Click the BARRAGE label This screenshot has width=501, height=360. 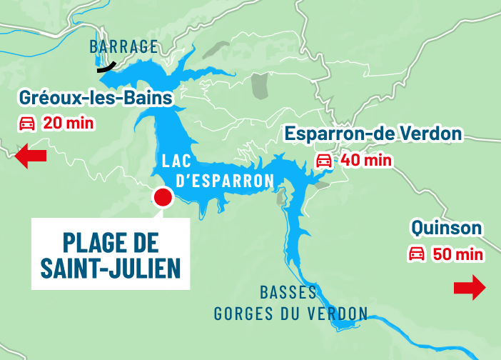[x=123, y=47]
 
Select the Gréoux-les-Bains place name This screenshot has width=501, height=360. [x=96, y=97]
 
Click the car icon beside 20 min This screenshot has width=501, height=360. [x=27, y=123]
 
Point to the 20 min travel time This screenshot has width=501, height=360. [x=69, y=123]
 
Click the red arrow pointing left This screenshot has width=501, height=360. [x=31, y=156]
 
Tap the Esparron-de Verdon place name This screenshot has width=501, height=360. [x=373, y=134]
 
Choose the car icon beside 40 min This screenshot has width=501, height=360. [x=324, y=159]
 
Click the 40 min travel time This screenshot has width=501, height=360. [x=366, y=159]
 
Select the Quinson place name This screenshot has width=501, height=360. [x=447, y=229]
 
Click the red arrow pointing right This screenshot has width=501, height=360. [x=470, y=288]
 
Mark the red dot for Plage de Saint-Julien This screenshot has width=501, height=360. [x=163, y=198]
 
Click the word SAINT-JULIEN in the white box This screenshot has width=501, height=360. [x=110, y=269]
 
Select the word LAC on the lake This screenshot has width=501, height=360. [x=176, y=160]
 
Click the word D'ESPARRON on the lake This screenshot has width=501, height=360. [x=224, y=181]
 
